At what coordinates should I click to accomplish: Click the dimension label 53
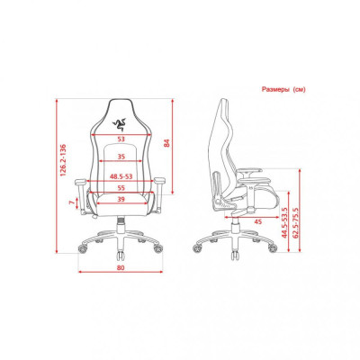point(121,140)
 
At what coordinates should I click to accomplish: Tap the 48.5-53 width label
point(121,179)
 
